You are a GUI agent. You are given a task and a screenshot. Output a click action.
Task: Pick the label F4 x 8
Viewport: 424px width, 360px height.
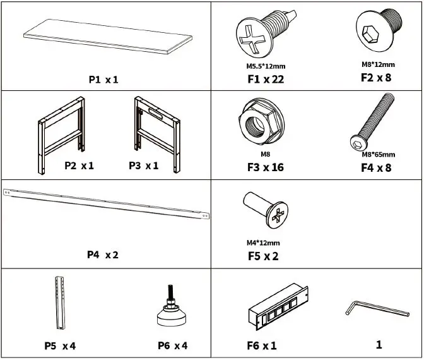point(376,168)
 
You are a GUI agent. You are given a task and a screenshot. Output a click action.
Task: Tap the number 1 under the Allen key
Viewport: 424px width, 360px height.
point(379,344)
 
